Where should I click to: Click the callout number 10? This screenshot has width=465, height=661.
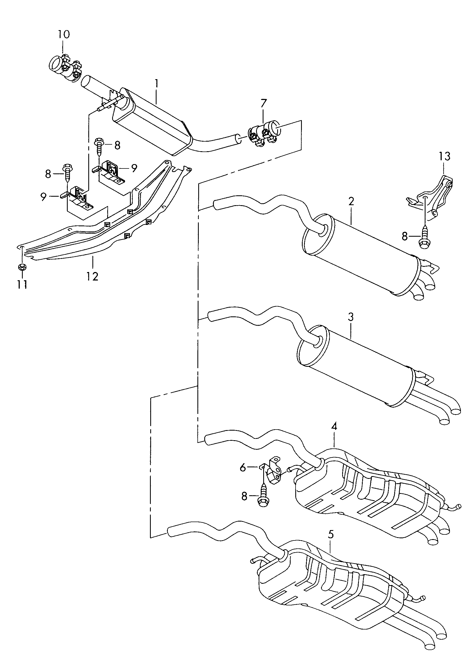click(64, 34)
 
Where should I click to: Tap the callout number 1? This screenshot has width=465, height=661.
click(157, 83)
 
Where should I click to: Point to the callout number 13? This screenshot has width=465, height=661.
click(444, 156)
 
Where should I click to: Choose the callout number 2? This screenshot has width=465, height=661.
click(351, 201)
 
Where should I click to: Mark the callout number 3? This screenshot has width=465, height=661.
click(350, 317)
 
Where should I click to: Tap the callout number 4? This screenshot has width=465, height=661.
click(334, 426)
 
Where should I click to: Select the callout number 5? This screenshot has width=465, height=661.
click(331, 535)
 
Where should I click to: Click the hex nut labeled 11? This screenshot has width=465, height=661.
click(22, 267)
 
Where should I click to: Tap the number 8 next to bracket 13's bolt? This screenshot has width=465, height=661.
click(405, 236)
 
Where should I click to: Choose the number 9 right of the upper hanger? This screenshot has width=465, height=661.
click(134, 168)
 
